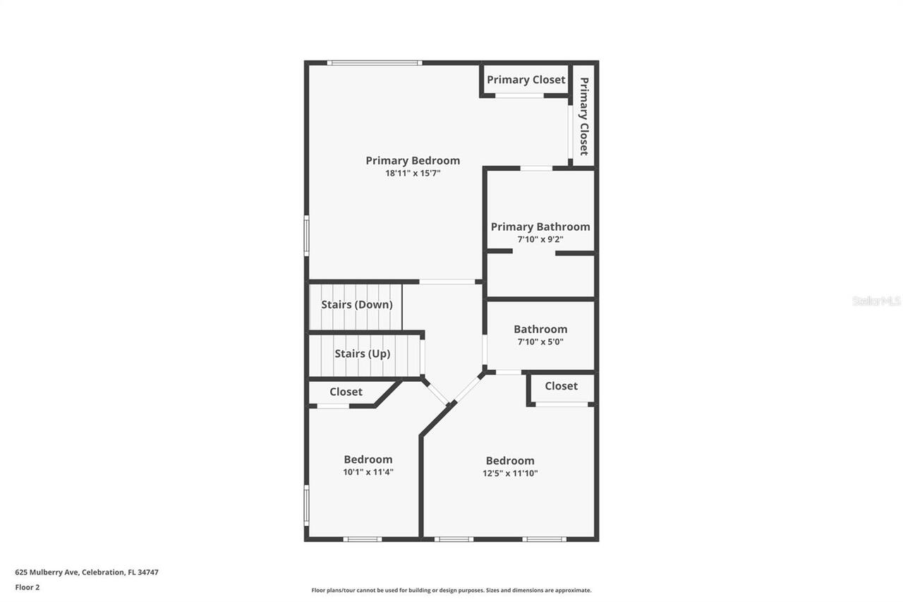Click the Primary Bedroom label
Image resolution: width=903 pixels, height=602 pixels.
(413, 161)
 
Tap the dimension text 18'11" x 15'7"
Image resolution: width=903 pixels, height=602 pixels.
(413, 173)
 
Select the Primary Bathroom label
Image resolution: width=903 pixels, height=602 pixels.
(540, 227)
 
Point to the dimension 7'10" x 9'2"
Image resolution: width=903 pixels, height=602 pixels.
(540, 239)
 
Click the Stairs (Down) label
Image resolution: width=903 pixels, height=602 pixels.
(357, 305)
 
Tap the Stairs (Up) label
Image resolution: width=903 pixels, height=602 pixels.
(362, 354)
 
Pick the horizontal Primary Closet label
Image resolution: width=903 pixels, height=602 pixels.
(526, 80)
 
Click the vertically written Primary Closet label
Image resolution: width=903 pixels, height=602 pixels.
(584, 116)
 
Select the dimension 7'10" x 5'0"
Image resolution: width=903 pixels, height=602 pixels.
(540, 342)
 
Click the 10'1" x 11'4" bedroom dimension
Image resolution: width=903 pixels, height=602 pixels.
(368, 472)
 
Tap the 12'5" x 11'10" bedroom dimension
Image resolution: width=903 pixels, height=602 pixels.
(510, 474)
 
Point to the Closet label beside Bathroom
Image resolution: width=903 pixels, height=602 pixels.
(561, 386)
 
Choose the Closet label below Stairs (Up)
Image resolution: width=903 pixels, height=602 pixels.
(346, 392)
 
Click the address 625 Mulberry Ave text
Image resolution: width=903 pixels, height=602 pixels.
(87, 572)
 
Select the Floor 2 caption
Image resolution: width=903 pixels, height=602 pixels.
(28, 586)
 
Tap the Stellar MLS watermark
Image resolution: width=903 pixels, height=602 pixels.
(876, 301)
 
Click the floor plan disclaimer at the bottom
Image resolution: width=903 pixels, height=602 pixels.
(451, 590)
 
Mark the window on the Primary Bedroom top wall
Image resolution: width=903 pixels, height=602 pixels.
(375, 63)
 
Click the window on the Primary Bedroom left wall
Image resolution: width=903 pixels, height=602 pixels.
(306, 235)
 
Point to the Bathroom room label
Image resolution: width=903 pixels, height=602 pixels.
(540, 329)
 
